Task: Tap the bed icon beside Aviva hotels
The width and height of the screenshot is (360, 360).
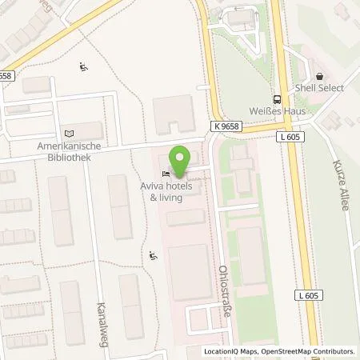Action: pyautogui.click(x=166, y=174)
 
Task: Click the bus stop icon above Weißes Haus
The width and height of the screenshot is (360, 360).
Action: pyautogui.click(x=276, y=99)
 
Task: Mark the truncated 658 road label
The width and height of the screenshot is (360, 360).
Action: pyautogui.click(x=6, y=75)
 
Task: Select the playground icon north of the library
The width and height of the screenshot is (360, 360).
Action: pyautogui.click(x=82, y=67)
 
